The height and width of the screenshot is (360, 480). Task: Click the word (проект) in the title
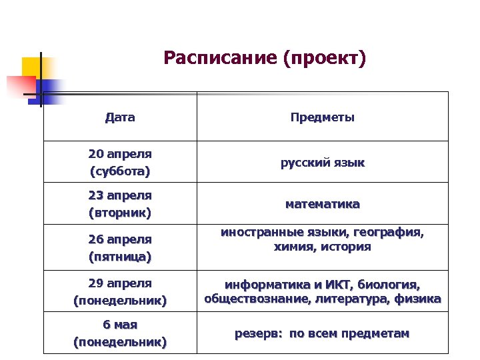click(325, 59)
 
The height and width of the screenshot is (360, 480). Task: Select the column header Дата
click(120, 118)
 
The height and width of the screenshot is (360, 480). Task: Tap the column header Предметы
click(322, 118)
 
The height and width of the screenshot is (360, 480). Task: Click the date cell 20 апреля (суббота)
click(120, 163)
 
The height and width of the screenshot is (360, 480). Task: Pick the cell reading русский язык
click(322, 163)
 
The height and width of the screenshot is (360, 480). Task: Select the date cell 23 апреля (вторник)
click(120, 205)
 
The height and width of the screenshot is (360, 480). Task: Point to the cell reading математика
click(322, 204)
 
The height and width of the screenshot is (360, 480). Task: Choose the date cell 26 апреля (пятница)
click(120, 247)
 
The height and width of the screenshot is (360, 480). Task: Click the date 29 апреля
click(120, 283)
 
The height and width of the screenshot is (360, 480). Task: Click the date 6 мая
click(120, 325)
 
